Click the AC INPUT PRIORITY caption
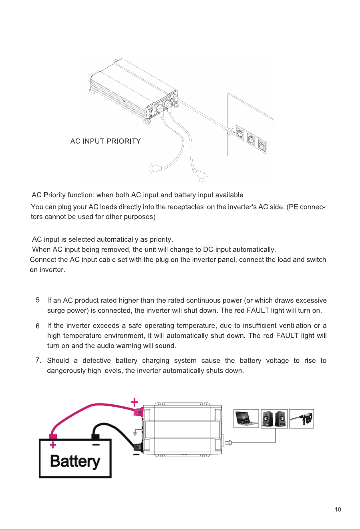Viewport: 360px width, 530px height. coord(106,141)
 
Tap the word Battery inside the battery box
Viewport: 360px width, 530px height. coord(75,461)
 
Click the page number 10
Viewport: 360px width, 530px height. coord(338,509)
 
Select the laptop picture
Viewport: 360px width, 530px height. coord(246,419)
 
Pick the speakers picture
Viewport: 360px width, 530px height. coord(274,419)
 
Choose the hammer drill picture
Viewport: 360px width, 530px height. coord(302,419)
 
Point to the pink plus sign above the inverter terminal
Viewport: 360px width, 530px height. coord(135,402)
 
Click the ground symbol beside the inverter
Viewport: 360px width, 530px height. coord(135,432)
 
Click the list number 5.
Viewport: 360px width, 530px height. coord(38,300)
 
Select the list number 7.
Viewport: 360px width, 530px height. coord(38,360)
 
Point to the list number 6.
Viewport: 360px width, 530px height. coord(38,326)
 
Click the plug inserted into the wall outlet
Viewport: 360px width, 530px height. coord(231,131)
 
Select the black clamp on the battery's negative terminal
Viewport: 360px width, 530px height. coord(95,437)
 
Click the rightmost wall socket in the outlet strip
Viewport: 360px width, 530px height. coord(262,145)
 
